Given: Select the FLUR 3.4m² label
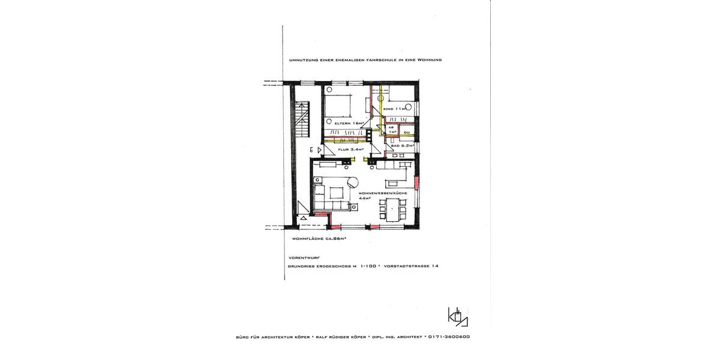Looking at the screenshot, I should [x=348, y=149].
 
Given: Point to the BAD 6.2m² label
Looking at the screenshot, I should [x=403, y=146].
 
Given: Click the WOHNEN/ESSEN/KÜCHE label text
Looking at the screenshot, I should [x=383, y=193].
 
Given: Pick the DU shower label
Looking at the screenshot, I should [x=406, y=132].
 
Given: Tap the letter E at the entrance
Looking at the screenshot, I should [x=312, y=149].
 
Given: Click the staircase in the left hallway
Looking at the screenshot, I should [x=302, y=120].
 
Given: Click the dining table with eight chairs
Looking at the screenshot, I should [x=394, y=210].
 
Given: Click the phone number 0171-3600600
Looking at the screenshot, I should [x=449, y=337].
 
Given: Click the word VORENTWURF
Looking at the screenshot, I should [x=304, y=257].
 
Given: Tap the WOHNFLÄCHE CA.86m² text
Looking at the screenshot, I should [x=319, y=238].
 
